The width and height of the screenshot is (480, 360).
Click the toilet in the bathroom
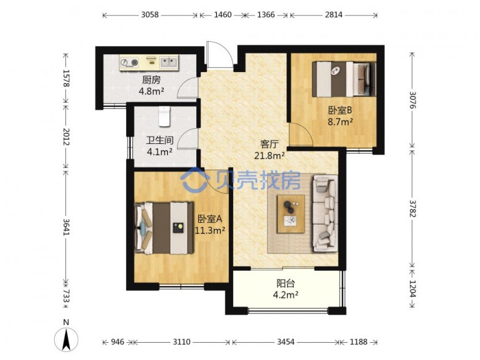(x=164, y=116)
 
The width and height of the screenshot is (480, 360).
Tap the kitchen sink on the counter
(x=169, y=62)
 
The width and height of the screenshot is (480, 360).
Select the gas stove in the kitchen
(x=129, y=62)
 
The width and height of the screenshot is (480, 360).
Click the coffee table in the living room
(x=291, y=214)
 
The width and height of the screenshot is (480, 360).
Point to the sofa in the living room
(x=325, y=214)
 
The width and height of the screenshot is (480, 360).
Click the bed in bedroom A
(x=164, y=228)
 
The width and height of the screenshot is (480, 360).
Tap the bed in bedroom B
(x=344, y=79)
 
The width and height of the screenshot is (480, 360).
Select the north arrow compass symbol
(x=66, y=336)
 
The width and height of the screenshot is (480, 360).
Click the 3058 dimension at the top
(x=150, y=15)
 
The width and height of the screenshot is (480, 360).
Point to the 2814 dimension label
(x=334, y=15)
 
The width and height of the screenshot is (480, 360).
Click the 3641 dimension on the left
(x=66, y=226)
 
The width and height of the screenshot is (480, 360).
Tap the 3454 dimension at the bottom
(x=286, y=342)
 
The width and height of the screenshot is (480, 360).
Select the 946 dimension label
(x=118, y=342)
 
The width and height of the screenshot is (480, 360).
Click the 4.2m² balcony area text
(x=286, y=295)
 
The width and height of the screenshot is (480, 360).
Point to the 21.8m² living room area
(x=270, y=156)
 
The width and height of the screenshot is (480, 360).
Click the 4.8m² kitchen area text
(x=151, y=91)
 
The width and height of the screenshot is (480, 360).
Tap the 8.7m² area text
(x=340, y=122)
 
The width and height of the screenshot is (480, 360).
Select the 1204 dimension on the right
(x=413, y=289)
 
